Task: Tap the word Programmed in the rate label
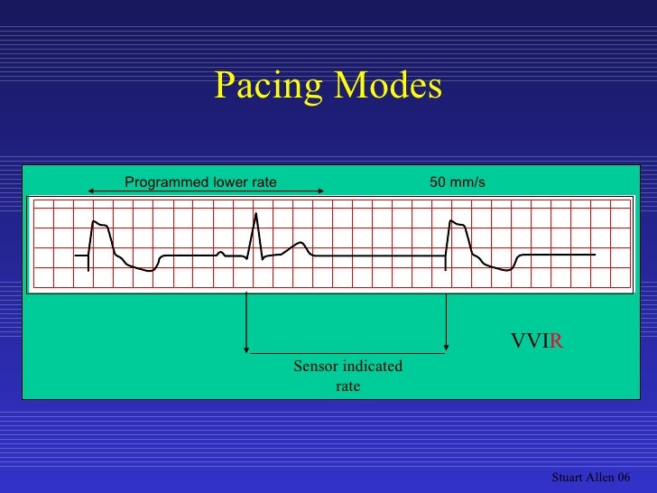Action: coord(165,182)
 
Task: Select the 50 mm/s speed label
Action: coord(458,182)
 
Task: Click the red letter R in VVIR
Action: coord(557,341)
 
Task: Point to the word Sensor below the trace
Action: coord(313,366)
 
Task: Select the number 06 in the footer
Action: coord(623,477)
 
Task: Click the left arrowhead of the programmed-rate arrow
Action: coord(90,191)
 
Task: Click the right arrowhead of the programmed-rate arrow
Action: coord(322,191)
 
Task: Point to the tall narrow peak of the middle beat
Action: coord(256,215)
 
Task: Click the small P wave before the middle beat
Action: coord(220,253)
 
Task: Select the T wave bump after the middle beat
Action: coord(300,243)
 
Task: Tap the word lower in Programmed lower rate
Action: coord(231,182)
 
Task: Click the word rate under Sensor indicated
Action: coord(347,386)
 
